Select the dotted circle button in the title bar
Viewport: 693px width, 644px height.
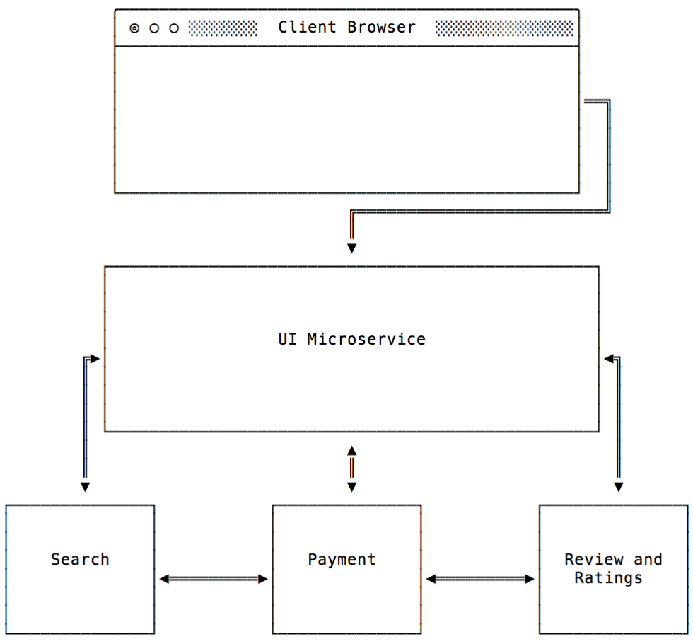click(x=134, y=28)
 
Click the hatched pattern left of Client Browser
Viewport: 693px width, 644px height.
click(x=223, y=28)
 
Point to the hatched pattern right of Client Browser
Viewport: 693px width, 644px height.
click(x=504, y=28)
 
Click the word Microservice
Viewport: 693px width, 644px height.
click(x=366, y=339)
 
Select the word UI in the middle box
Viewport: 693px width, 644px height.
click(x=287, y=339)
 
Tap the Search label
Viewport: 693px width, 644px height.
click(x=80, y=559)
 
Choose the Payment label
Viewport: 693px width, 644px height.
click(x=342, y=559)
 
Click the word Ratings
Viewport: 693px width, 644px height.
click(x=608, y=577)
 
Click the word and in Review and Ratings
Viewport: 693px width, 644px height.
click(x=648, y=559)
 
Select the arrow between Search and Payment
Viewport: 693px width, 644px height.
click(x=214, y=579)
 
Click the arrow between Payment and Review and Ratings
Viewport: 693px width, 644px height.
click(x=480, y=579)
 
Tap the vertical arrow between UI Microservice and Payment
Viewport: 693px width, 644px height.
click(x=351, y=468)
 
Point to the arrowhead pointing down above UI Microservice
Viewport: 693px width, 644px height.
click(x=351, y=248)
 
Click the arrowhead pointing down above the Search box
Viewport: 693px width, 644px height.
click(x=85, y=487)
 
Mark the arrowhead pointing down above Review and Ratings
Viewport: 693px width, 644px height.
click(x=618, y=487)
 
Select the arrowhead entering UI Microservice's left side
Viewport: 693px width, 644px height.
click(x=95, y=359)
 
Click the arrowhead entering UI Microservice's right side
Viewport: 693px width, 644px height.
click(x=608, y=359)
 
